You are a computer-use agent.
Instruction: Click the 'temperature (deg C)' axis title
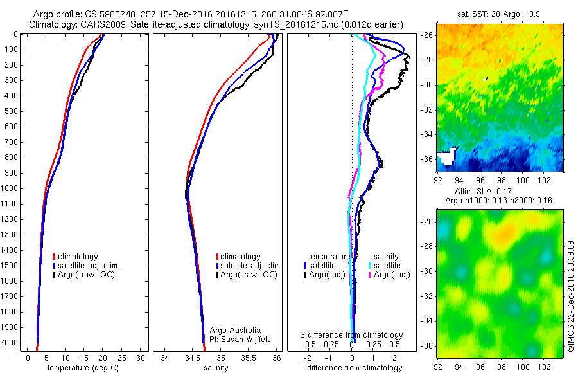tap(80, 368)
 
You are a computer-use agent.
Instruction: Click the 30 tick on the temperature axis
tap(142, 357)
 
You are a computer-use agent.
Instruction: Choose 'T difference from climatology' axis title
tap(351, 368)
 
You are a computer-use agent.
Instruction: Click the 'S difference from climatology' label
tap(352, 335)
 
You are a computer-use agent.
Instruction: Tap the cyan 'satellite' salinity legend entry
tap(386, 265)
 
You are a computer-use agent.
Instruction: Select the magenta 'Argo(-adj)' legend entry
tap(388, 275)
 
